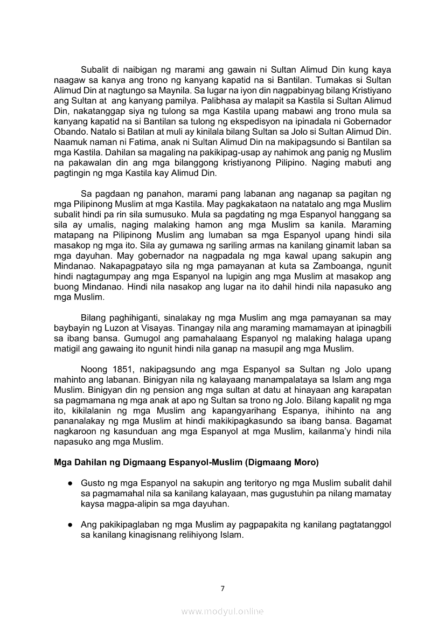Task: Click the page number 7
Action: click(x=222, y=588)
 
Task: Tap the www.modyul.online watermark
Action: click(x=222, y=611)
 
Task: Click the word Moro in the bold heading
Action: click(x=305, y=462)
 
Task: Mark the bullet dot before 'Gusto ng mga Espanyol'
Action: click(x=70, y=483)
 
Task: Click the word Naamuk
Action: click(x=71, y=142)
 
